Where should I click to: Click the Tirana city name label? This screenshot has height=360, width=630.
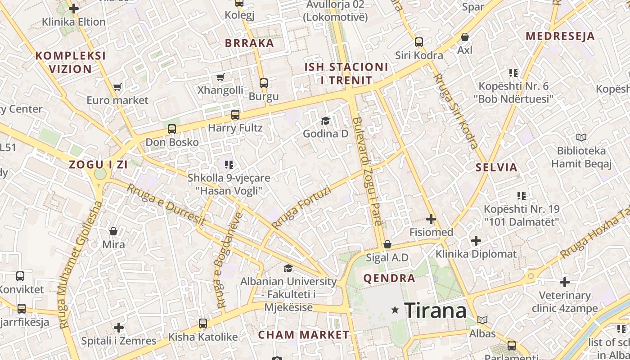(x=435, y=310)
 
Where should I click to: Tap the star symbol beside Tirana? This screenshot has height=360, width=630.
(x=395, y=310)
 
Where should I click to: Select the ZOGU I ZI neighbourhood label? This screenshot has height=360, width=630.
(x=99, y=165)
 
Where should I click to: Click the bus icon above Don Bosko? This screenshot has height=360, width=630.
(x=171, y=129)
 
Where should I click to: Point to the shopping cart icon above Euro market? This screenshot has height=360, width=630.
(x=117, y=87)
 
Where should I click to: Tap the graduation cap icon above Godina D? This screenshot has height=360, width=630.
(x=325, y=121)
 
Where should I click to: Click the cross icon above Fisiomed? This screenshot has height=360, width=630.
(x=431, y=219)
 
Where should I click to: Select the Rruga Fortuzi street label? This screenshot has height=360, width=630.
(x=301, y=207)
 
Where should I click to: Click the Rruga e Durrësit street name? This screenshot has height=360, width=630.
(x=166, y=205)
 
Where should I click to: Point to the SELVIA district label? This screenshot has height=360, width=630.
(x=497, y=168)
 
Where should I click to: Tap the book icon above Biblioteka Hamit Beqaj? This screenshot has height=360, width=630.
(x=581, y=137)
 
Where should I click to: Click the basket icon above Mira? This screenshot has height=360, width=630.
(x=113, y=231)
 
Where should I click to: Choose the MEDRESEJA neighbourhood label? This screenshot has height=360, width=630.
(x=560, y=36)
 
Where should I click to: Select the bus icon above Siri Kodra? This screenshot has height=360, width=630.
(x=419, y=42)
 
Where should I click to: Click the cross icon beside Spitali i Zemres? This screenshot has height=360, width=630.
(x=119, y=327)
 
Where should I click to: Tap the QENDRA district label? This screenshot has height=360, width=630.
(x=389, y=278)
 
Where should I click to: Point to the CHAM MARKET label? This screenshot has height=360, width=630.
(x=303, y=335)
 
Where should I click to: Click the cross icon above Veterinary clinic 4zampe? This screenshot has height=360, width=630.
(x=564, y=282)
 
